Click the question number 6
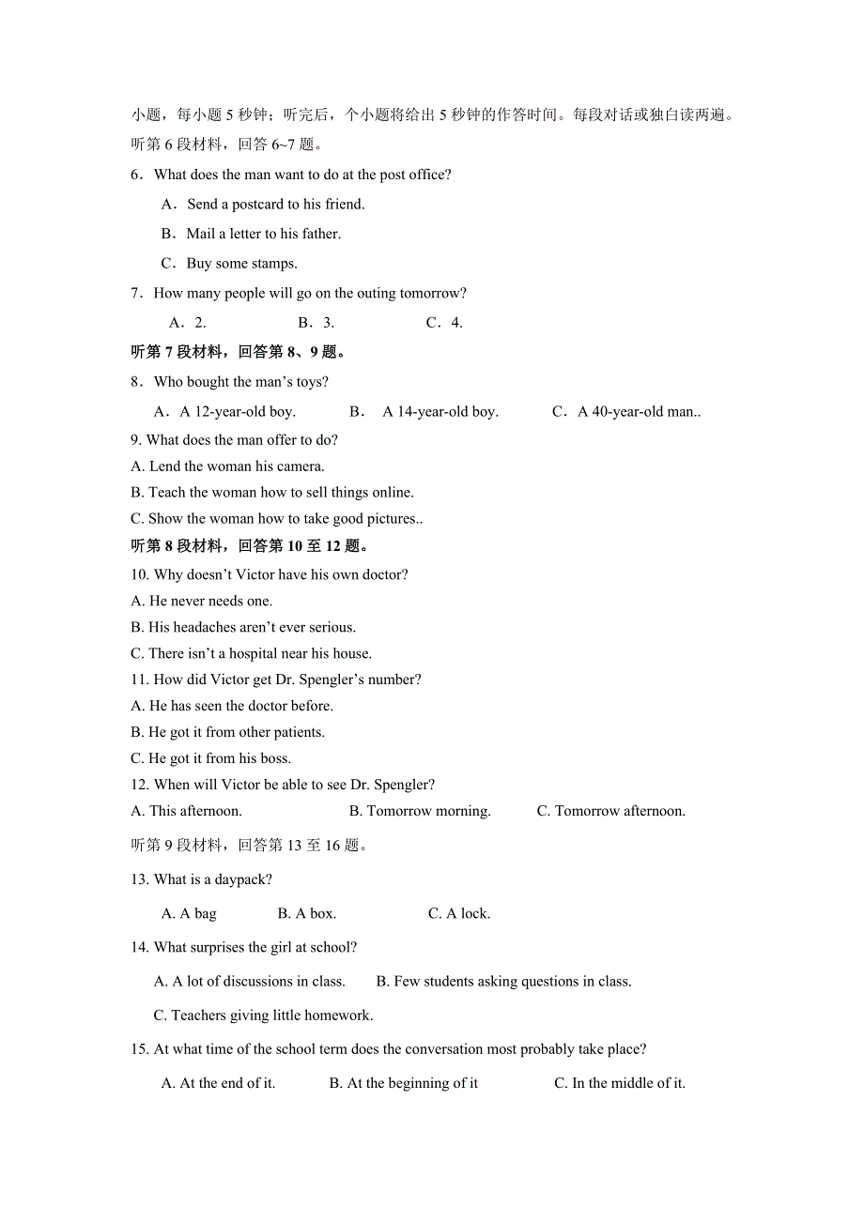(136, 175)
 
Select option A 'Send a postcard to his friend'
(275, 204)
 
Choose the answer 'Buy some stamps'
(241, 264)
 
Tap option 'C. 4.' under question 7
(444, 323)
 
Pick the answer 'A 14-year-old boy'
(440, 411)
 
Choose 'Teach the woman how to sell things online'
(281, 493)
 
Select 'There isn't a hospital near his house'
(259, 653)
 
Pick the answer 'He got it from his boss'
(219, 758)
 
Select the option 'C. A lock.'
(459, 913)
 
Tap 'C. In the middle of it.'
(620, 1083)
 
